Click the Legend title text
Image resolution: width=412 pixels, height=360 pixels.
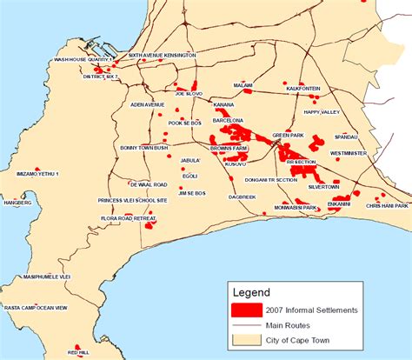[x=252, y=292]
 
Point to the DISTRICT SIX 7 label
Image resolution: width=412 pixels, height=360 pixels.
[x=100, y=76]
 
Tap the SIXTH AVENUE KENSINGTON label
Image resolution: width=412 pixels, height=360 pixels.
[x=162, y=55]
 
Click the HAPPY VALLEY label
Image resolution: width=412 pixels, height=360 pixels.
[x=322, y=112]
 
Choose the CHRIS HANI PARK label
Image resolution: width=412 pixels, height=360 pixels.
[x=386, y=206]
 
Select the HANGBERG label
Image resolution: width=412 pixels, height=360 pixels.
[x=17, y=202]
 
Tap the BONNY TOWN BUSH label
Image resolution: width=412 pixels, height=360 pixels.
[x=143, y=148]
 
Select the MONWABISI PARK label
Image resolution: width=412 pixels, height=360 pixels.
[x=296, y=208]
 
